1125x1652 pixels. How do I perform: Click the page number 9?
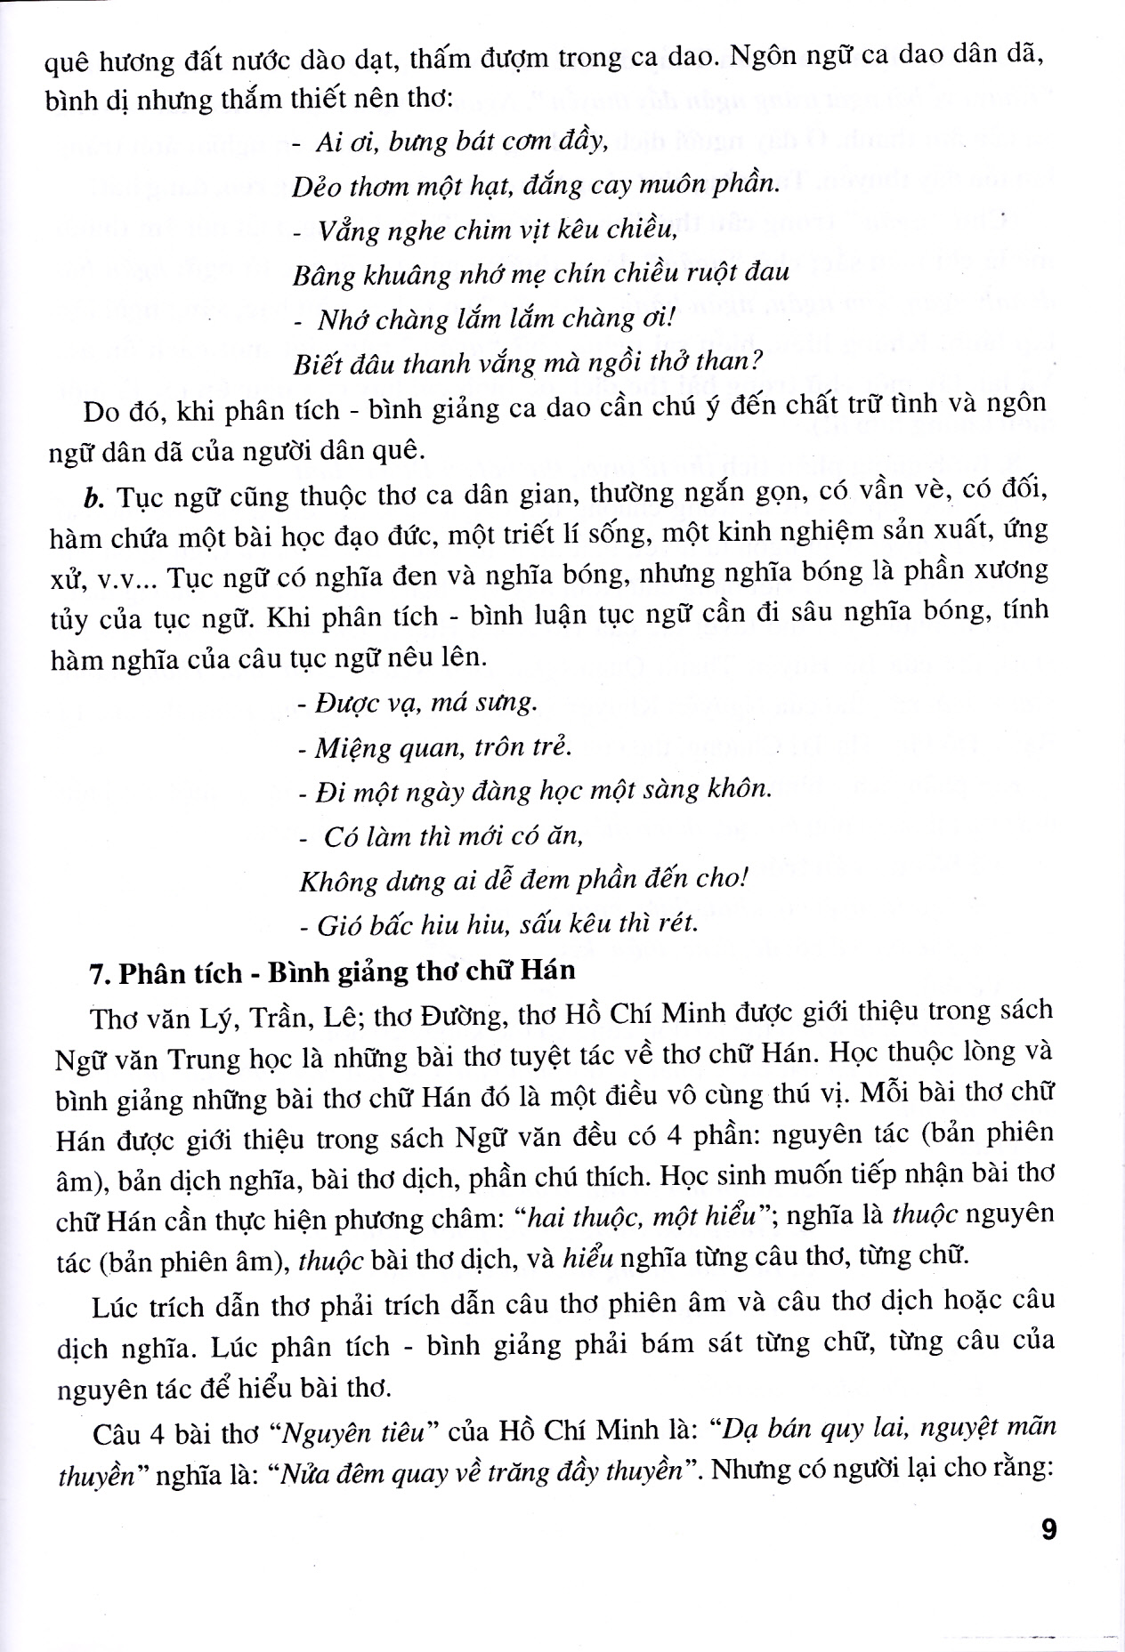tap(1048, 1531)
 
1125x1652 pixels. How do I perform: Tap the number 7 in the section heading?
tap(98, 971)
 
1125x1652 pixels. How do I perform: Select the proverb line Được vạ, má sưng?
tap(417, 705)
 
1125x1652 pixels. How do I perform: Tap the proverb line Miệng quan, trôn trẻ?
tap(434, 747)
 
